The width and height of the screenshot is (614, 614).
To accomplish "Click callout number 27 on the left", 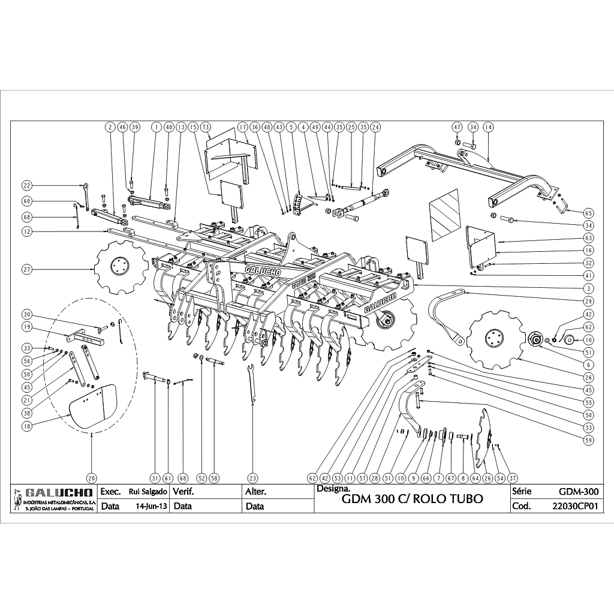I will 27,270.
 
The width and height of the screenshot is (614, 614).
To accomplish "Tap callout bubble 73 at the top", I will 205,127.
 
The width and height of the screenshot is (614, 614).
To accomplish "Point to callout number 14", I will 488,127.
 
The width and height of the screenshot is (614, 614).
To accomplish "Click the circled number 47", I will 457,127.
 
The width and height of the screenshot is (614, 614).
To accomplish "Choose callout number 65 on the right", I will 588,213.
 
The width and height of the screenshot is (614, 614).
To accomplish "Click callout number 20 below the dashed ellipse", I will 91,478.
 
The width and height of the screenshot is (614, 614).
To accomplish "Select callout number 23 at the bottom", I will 253,478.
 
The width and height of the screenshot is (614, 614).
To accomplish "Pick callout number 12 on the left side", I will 27,231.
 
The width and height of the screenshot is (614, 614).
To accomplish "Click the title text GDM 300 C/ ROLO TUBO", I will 411,499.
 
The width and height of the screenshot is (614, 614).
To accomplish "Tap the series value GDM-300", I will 578,492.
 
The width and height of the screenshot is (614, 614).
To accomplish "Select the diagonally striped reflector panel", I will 444,212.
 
